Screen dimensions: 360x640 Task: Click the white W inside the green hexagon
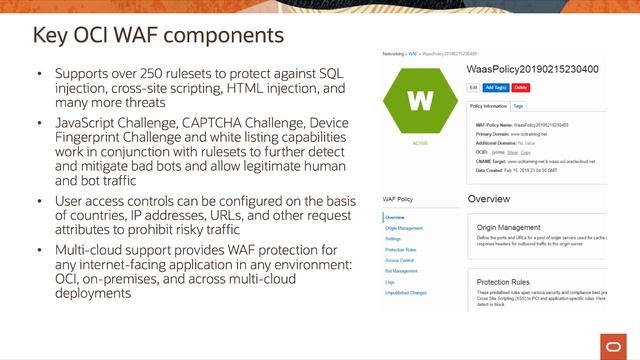pos(421,101)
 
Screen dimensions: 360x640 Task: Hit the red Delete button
pos(521,88)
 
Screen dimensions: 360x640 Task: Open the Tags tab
pos(518,104)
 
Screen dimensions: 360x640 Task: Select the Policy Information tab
pos(487,104)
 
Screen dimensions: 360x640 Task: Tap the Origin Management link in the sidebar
pos(402,229)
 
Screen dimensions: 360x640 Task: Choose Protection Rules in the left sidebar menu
pos(400,249)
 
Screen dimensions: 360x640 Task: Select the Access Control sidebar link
pos(399,260)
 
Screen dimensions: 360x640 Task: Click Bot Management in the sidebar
pos(400,271)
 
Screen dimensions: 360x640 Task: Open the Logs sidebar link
pos(390,282)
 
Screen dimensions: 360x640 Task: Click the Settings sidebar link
pos(393,239)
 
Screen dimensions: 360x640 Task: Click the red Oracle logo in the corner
pos(618,344)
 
